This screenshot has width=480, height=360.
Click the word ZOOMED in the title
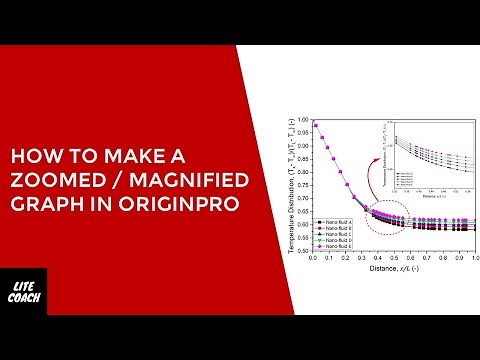tap(53, 181)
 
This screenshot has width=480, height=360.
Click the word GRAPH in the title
tap(44, 204)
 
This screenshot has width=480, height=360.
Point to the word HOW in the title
tap(29, 158)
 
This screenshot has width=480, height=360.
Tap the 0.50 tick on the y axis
tap(304, 251)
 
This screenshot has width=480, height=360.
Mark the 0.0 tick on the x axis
tap(314, 258)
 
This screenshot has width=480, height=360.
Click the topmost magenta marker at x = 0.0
tap(314, 123)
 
